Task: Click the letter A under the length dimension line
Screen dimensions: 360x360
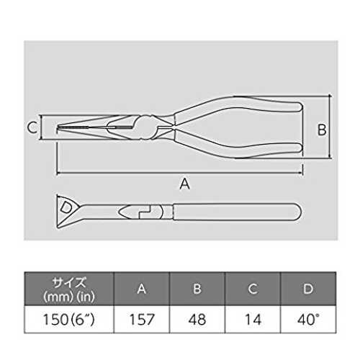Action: pyautogui.click(x=185, y=184)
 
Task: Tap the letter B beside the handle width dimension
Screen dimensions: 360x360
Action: pyautogui.click(x=322, y=130)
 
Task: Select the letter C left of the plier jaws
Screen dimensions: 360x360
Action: pyautogui.click(x=32, y=127)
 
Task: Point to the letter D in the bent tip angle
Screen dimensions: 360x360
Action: pyautogui.click(x=66, y=208)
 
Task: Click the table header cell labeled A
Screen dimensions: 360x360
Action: pyautogui.click(x=142, y=289)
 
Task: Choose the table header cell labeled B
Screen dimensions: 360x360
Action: pyautogui.click(x=197, y=289)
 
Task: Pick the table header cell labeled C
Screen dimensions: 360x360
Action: pyautogui.click(x=253, y=289)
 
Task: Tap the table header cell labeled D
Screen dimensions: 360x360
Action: pyautogui.click(x=308, y=289)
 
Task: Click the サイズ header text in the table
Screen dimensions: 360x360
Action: pyautogui.click(x=69, y=282)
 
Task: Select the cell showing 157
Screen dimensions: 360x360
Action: pyautogui.click(x=142, y=320)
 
